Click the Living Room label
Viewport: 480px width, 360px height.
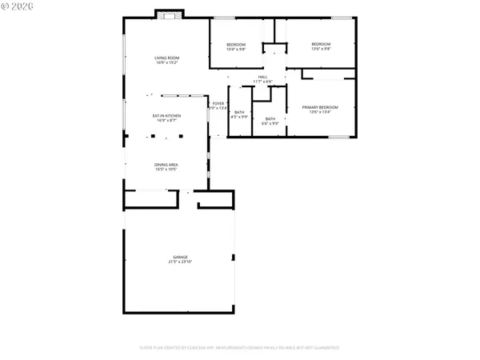click(167, 58)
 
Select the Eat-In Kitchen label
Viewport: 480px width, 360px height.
click(167, 115)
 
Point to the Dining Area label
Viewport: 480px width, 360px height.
click(167, 165)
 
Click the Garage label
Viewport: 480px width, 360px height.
click(179, 257)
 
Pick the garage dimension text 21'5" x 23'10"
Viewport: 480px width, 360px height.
click(179, 262)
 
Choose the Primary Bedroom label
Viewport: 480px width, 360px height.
click(320, 107)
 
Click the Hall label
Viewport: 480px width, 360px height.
click(262, 77)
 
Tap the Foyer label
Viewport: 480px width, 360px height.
click(218, 104)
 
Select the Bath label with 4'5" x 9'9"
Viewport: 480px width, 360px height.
click(239, 112)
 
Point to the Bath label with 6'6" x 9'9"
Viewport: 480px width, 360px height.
click(270, 118)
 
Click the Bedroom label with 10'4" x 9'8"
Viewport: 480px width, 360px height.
click(236, 44)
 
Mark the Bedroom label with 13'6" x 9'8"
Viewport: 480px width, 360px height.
click(321, 44)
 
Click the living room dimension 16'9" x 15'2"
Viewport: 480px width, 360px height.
click(167, 62)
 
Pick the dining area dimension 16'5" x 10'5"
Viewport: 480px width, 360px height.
click(167, 170)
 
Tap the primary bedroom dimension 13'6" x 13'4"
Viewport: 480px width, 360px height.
click(320, 112)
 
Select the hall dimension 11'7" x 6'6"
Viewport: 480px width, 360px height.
click(263, 82)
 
